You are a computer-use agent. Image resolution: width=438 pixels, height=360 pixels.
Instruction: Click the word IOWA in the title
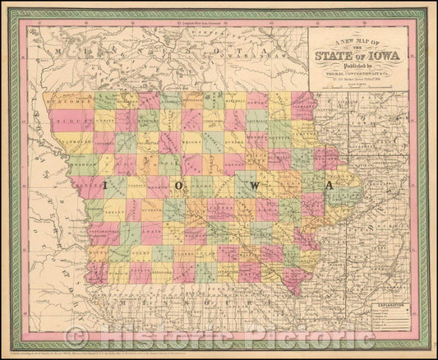coord(383,57)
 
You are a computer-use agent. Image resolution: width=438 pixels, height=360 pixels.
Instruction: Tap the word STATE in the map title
coord(341,57)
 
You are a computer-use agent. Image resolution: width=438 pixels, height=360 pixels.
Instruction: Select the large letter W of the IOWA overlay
coord(254,187)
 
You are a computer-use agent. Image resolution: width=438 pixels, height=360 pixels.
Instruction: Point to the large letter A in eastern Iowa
coord(329,187)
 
